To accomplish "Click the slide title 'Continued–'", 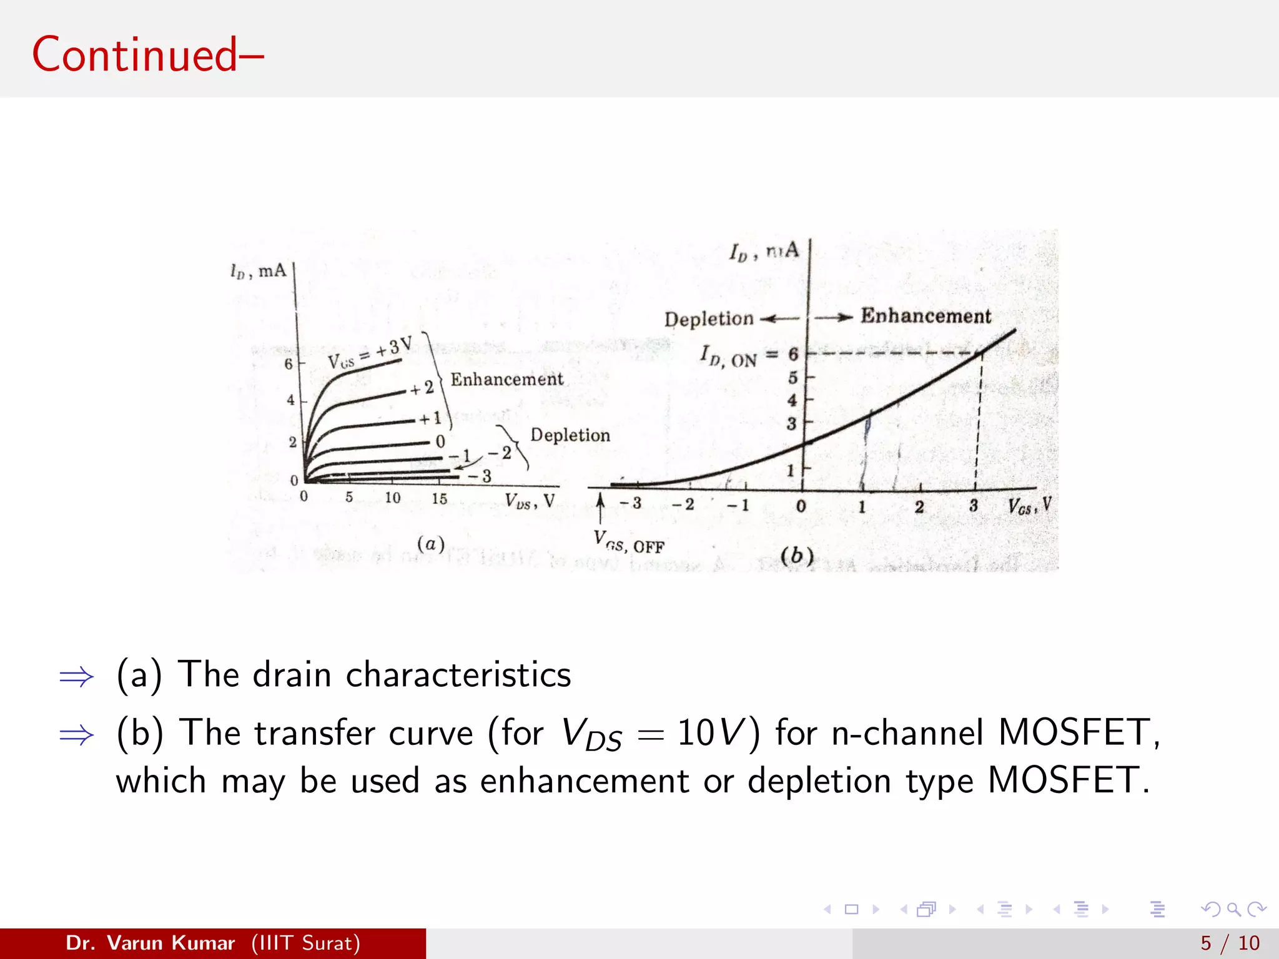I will (148, 55).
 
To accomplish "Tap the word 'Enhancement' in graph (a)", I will (506, 380).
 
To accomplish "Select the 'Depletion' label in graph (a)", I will (570, 435).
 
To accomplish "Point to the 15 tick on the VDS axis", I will (439, 498).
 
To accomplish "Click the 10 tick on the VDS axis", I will (392, 498).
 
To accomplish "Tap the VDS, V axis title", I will (530, 501).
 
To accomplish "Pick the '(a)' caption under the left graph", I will (430, 544).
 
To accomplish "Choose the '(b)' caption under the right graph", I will (797, 555).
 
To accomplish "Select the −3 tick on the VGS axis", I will (631, 503).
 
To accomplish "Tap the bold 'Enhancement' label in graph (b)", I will (926, 316).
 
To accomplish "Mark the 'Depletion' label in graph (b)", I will (709, 319).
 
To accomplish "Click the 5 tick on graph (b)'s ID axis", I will (793, 377).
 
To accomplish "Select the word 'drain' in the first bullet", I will (292, 675).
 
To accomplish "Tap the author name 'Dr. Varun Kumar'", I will (150, 943).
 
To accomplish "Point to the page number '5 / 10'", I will (1230, 943).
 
